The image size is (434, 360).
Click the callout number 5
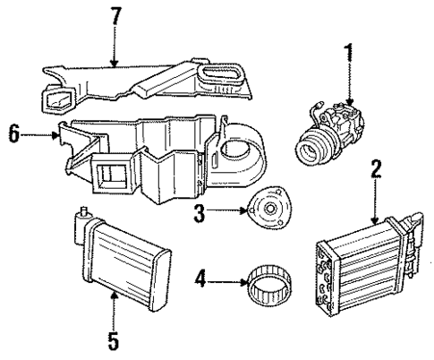114,340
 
